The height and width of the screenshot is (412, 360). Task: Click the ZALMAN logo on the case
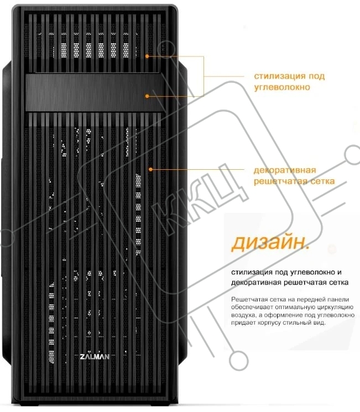pyautogui.click(x=95, y=357)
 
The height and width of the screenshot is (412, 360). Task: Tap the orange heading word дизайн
pyautogui.click(x=270, y=242)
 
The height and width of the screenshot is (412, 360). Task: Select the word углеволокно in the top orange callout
pyautogui.click(x=282, y=87)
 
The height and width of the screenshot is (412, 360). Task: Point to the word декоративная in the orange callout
pyautogui.click(x=285, y=170)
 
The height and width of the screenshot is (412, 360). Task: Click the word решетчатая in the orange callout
pyautogui.click(x=281, y=181)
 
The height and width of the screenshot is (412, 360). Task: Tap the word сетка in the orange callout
pyautogui.click(x=323, y=181)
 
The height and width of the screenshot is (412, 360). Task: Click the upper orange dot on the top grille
pyautogui.click(x=147, y=56)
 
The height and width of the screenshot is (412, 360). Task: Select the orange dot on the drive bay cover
pyautogui.click(x=147, y=96)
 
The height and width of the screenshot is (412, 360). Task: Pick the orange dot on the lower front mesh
pyautogui.click(x=150, y=169)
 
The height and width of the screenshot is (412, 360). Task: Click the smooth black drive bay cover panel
pyautogui.click(x=94, y=92)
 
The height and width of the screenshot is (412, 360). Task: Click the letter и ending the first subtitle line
pyautogui.click(x=340, y=273)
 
